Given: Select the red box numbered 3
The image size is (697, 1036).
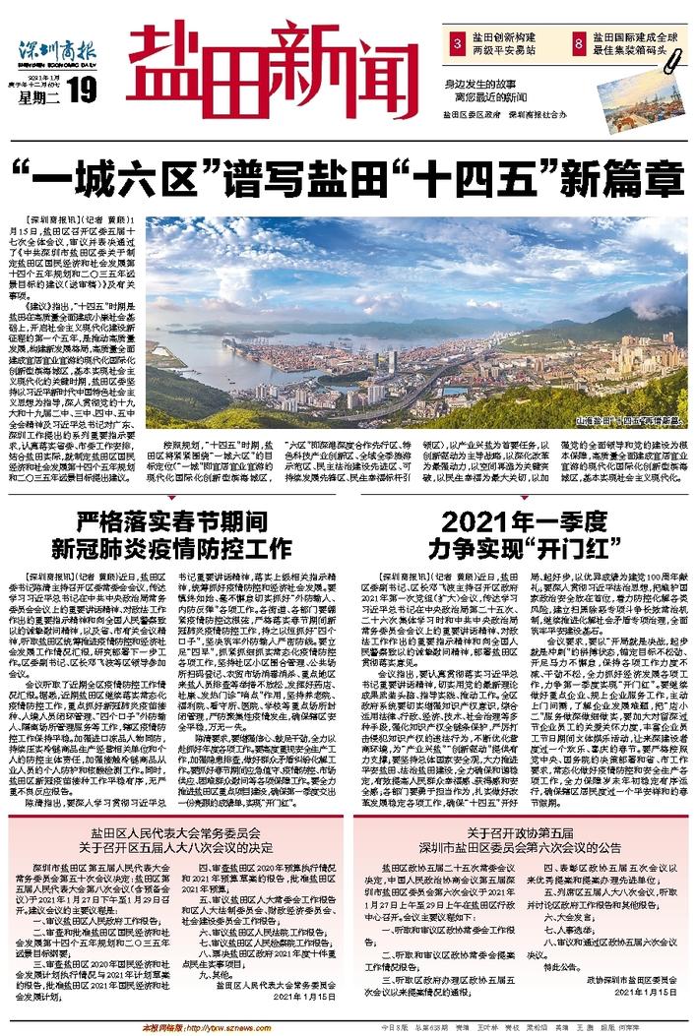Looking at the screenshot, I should click(x=457, y=44).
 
